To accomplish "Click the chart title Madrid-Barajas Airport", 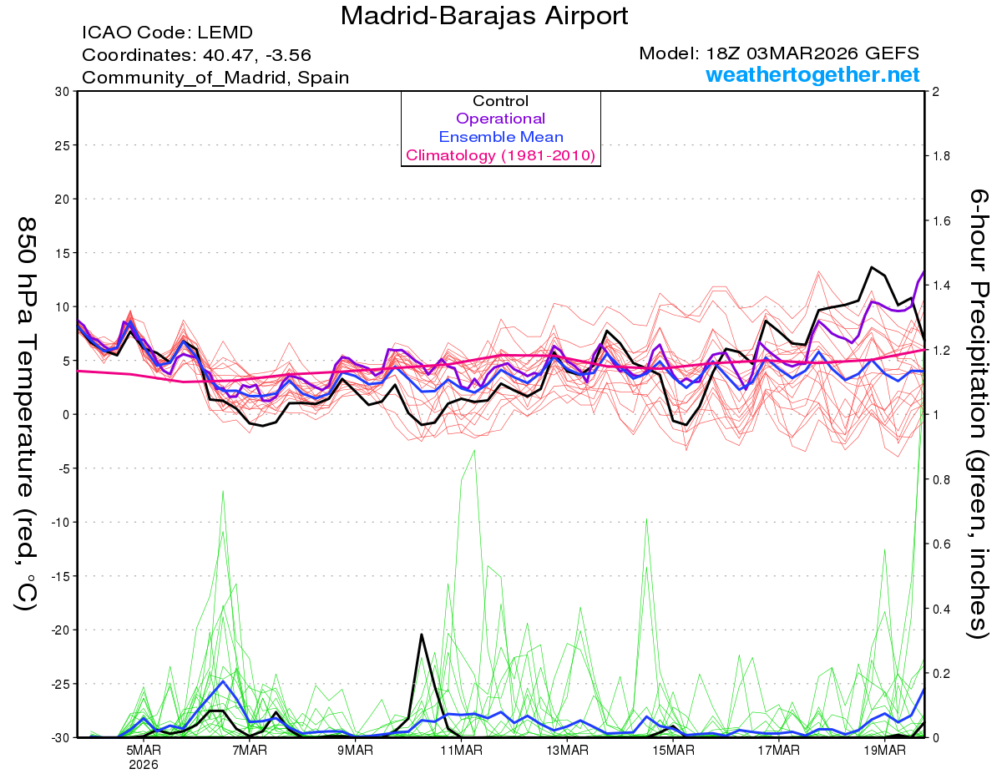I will click(484, 16).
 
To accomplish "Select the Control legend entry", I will click(500, 101).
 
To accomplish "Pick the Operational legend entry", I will click(500, 119).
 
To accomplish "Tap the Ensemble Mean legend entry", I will click(500, 137).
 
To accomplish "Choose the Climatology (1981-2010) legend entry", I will click(500, 155).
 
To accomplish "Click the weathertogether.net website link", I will click(812, 74).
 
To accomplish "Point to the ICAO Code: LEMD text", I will click(167, 33).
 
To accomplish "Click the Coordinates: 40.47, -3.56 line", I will click(196, 55).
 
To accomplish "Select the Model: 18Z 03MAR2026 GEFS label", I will click(779, 53).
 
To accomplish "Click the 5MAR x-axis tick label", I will click(144, 751).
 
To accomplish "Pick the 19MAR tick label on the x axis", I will click(883, 751).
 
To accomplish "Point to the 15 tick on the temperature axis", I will click(60, 252).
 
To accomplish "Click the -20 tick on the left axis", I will click(57, 630).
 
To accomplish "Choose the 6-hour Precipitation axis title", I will click(979, 413).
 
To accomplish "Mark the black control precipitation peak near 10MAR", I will click(422, 635).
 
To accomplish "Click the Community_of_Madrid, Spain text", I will click(215, 78).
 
